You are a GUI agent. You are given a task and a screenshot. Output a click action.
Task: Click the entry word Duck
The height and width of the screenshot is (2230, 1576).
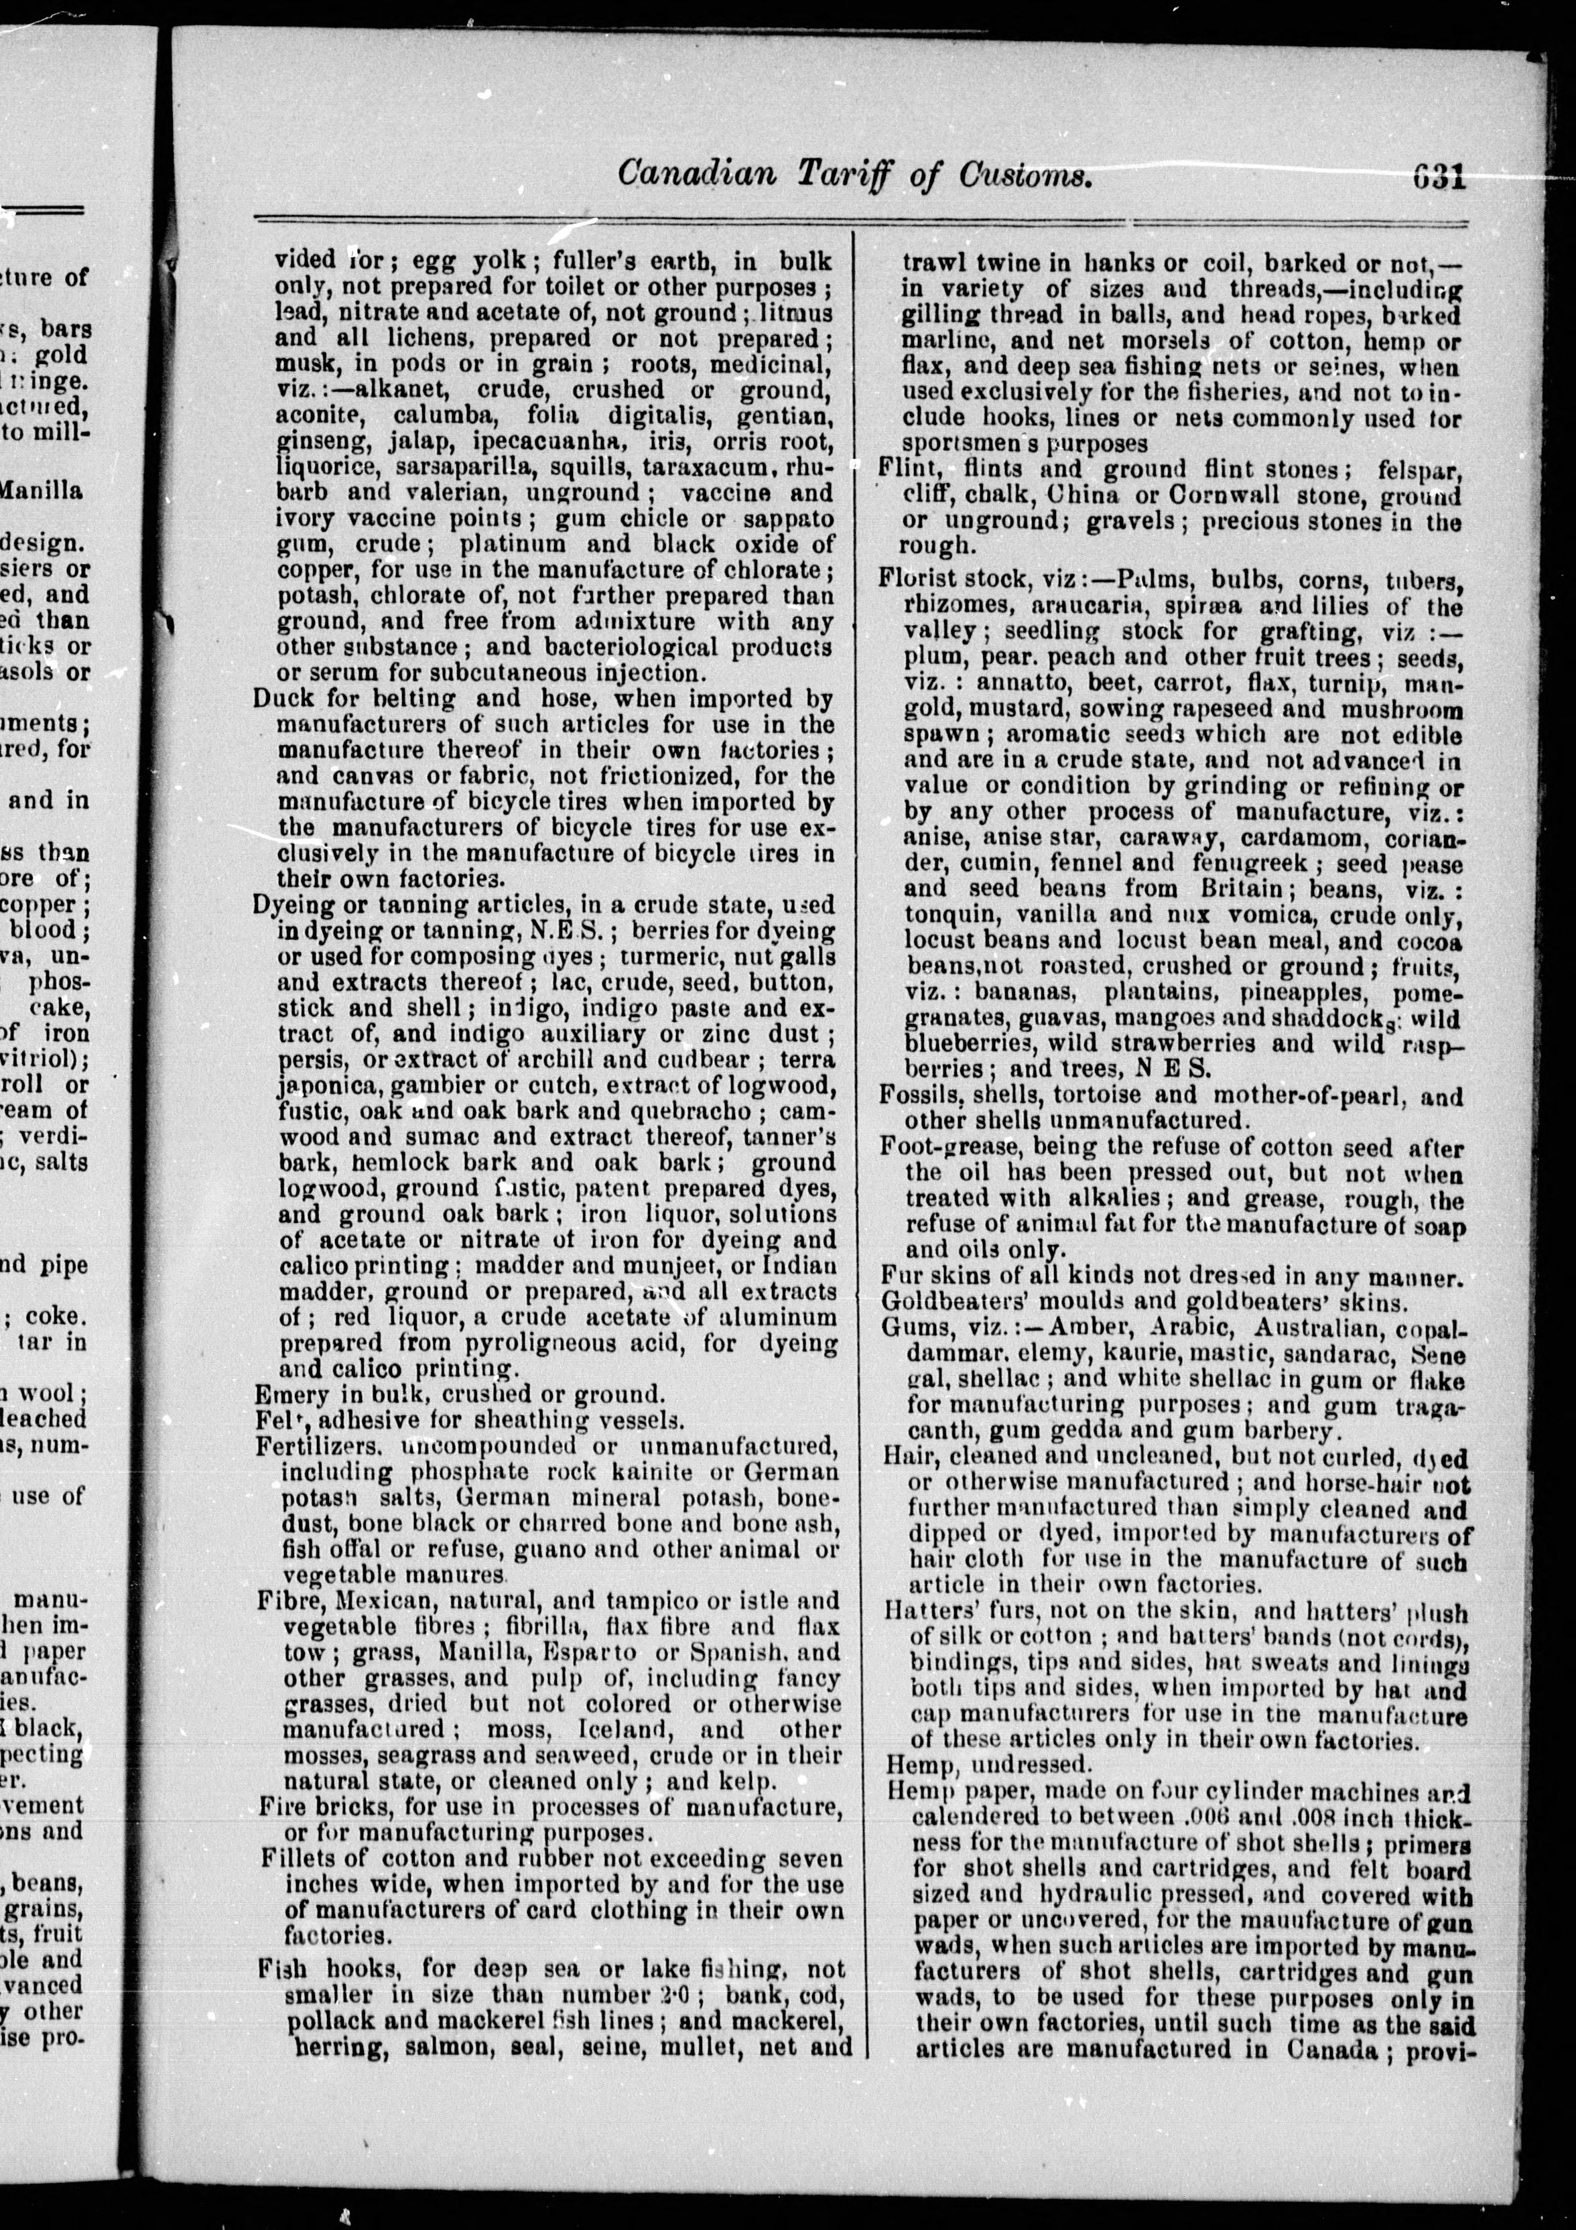[281, 700]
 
